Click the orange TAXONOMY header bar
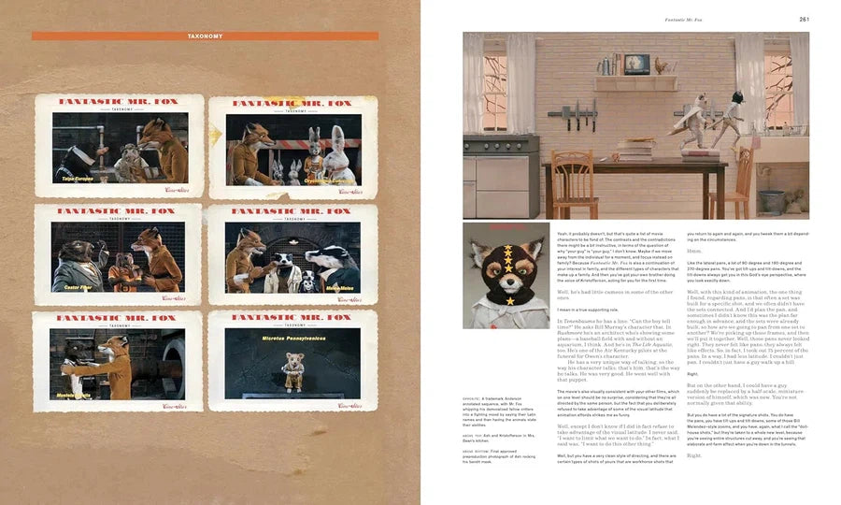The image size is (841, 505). [x=205, y=36]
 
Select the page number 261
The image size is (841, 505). [x=804, y=18]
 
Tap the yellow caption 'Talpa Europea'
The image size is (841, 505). [x=78, y=177]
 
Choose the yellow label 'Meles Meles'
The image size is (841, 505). [x=339, y=288]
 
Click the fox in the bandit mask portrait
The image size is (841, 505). [x=506, y=276]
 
